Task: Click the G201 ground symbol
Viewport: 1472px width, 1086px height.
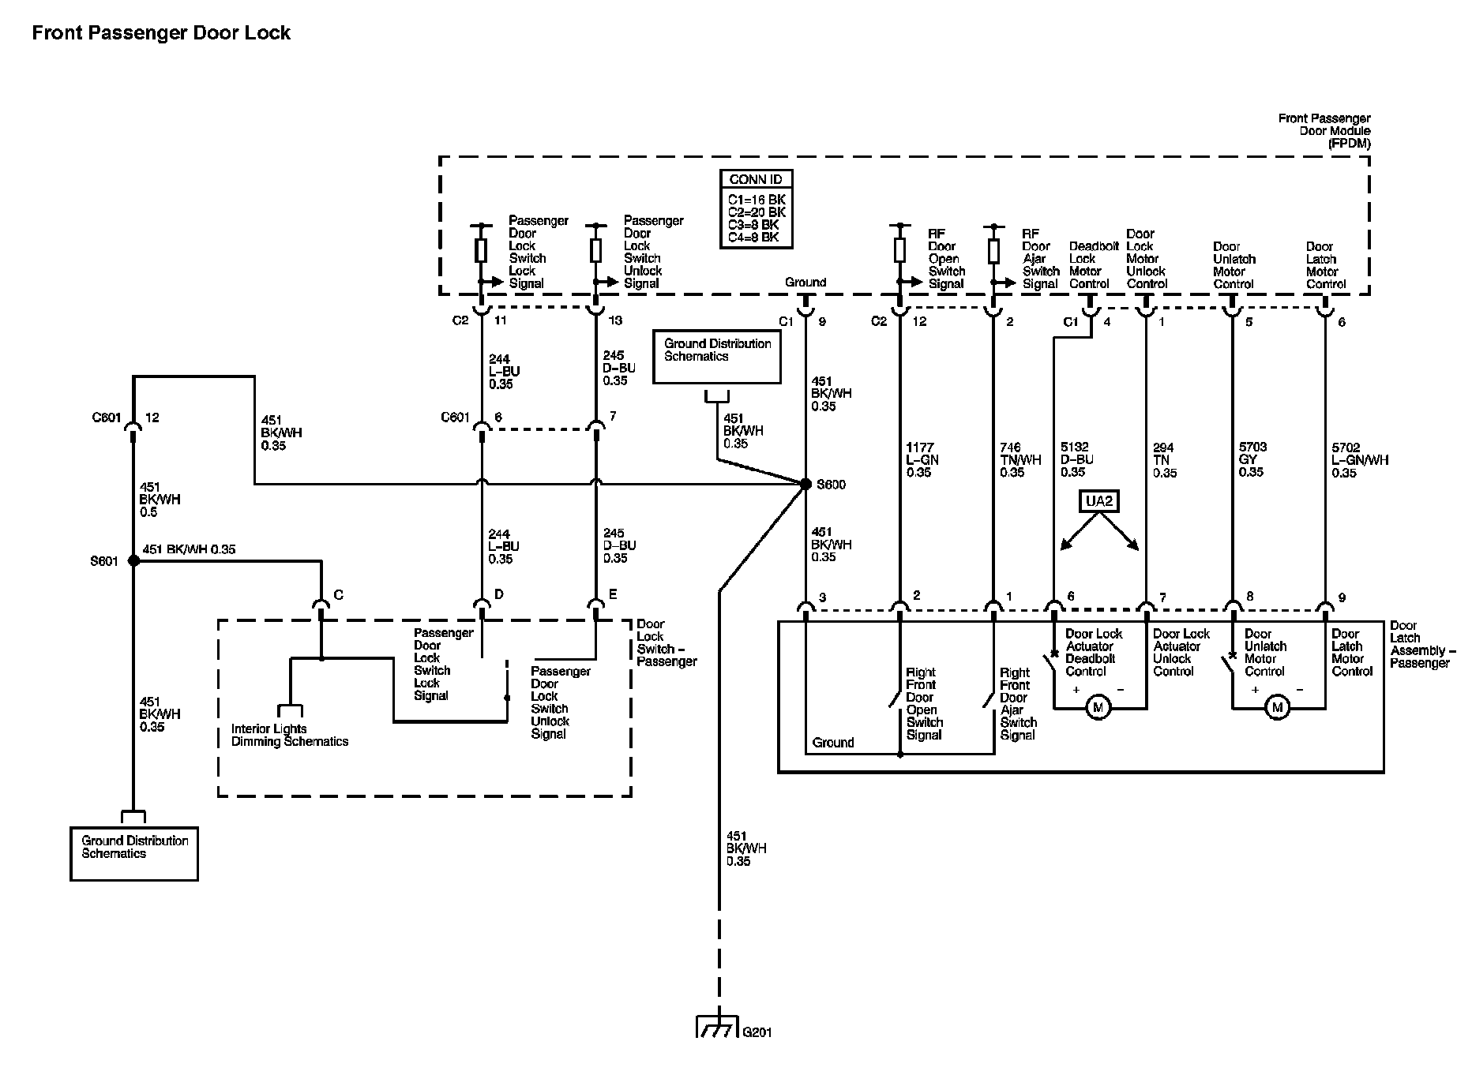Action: click(717, 1027)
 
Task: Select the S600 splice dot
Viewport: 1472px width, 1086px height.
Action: click(805, 484)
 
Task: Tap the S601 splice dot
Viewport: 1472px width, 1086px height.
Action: click(133, 560)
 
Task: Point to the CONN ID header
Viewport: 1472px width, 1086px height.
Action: click(756, 179)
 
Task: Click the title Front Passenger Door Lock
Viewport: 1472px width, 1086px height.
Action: click(161, 32)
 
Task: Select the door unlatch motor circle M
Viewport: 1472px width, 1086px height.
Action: click(1277, 708)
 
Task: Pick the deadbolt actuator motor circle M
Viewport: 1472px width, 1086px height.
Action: click(1098, 708)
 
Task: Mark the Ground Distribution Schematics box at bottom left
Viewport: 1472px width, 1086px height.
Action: click(134, 853)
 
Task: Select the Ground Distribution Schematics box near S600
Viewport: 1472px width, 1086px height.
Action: click(717, 357)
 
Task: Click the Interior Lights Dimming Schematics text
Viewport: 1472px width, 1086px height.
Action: click(290, 735)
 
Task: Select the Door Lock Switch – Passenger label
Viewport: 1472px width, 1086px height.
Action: click(667, 642)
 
